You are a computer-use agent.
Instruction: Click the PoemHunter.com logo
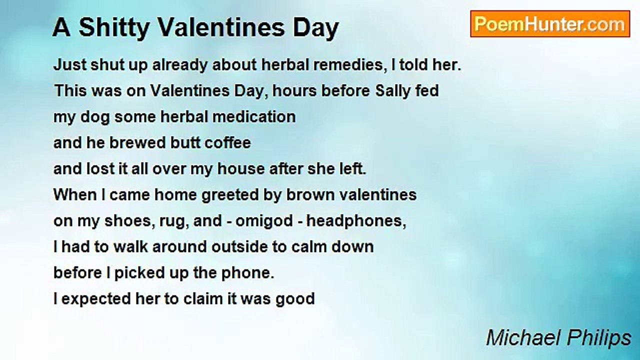550,24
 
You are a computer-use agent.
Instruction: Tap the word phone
250,273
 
